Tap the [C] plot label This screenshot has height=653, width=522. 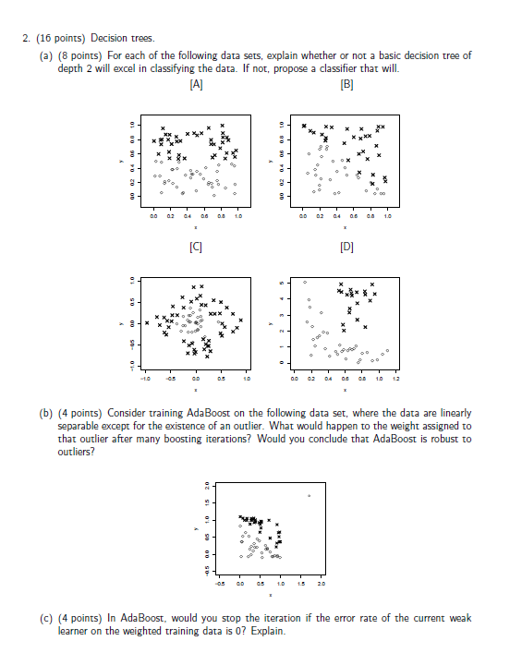pos(196,247)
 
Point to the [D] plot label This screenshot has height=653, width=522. pos(346,247)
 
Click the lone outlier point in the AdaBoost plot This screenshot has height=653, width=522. pos(310,496)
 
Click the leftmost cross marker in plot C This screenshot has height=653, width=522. pos(146,323)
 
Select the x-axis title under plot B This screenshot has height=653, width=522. pos(345,227)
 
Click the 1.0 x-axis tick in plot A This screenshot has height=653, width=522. pos(238,218)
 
